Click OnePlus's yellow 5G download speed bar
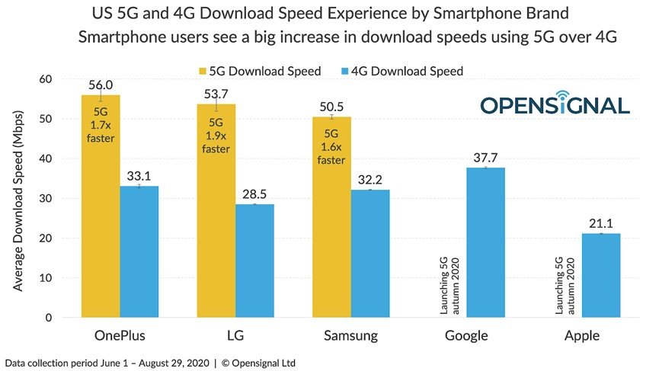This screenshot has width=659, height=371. [101, 229]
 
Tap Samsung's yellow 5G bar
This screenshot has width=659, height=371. [331, 244]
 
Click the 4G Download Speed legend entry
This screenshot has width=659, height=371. [408, 71]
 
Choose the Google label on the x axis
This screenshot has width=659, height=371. [466, 336]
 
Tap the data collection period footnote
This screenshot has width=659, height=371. [149, 362]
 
